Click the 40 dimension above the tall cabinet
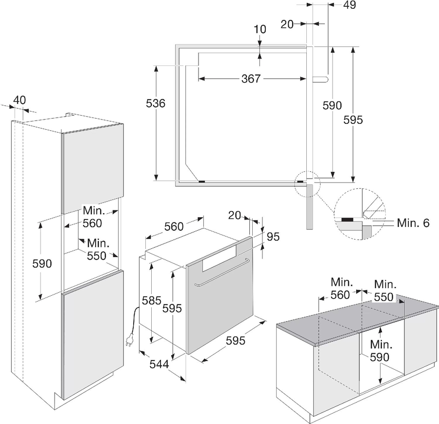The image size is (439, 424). [19, 100]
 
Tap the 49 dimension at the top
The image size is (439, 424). [349, 5]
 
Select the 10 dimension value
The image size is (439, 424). [260, 29]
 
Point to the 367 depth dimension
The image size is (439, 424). [251, 79]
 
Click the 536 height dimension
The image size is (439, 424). [157, 103]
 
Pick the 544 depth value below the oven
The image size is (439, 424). [159, 363]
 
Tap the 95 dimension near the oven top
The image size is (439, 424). [273, 237]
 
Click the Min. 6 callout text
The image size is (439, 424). [413, 223]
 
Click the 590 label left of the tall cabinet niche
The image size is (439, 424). [42, 263]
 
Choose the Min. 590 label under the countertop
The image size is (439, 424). [379, 351]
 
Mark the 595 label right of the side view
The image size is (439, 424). [353, 120]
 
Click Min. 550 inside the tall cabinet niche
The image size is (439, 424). [98, 249]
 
